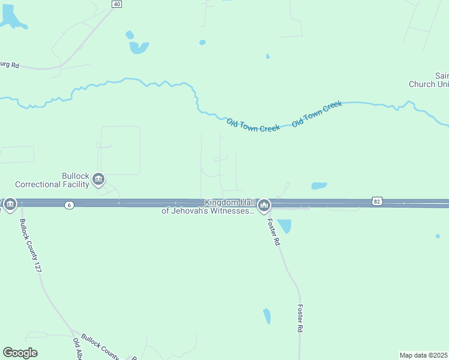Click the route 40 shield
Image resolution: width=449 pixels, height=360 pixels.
click(x=116, y=4)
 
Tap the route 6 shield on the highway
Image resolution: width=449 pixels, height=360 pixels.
click(x=70, y=205)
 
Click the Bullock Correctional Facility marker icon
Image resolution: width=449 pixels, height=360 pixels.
click(x=98, y=179)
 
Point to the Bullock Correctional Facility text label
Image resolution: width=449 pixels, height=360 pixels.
click(x=52, y=180)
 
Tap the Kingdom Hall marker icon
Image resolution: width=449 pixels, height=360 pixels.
click(x=263, y=206)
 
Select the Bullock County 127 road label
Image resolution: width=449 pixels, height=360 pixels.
click(x=31, y=245)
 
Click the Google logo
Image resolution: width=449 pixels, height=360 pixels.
click(x=20, y=353)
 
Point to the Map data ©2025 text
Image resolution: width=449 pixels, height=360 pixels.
click(x=423, y=355)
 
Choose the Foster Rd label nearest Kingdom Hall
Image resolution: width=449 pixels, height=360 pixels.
click(x=274, y=232)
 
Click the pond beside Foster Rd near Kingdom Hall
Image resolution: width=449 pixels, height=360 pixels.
click(x=284, y=226)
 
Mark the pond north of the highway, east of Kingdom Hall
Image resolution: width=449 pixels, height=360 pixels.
click(x=319, y=186)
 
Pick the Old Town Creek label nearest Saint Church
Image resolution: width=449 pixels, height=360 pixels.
click(x=316, y=113)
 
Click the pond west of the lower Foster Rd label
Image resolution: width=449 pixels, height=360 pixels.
click(x=267, y=316)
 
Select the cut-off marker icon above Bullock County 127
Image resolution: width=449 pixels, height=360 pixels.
click(x=10, y=205)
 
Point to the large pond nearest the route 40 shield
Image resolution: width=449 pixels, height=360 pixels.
click(x=139, y=47)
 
